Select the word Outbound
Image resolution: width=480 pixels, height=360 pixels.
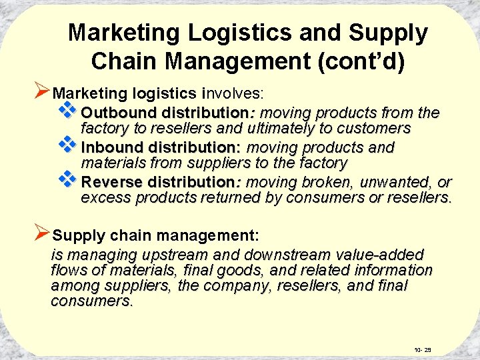click(x=117, y=113)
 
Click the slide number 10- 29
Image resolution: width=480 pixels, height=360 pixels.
click(x=422, y=349)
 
